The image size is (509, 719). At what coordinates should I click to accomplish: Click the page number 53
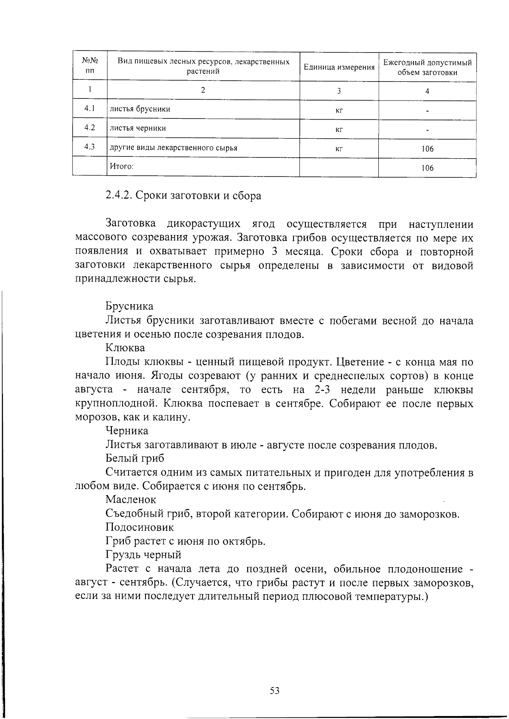(x=274, y=691)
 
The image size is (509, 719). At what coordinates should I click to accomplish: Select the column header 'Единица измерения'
(x=339, y=67)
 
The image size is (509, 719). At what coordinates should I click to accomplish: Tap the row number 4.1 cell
(x=89, y=109)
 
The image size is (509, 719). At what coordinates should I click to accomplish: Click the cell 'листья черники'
(x=138, y=128)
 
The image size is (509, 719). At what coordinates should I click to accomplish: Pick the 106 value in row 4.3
(x=427, y=149)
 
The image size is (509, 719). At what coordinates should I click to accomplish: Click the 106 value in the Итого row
(x=427, y=168)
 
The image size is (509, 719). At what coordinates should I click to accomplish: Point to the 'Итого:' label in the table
(x=122, y=166)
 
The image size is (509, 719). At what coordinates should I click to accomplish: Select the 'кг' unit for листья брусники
(x=339, y=111)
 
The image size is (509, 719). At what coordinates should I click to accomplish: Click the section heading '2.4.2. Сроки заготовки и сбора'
(x=183, y=196)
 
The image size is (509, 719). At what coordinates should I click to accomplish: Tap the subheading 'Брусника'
(x=129, y=306)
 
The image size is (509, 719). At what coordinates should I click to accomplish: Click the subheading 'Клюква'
(x=125, y=348)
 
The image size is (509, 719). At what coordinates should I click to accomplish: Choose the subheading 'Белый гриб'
(x=134, y=459)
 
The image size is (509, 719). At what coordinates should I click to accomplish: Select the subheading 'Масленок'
(x=131, y=500)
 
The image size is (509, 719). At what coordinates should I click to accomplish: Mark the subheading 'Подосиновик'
(x=140, y=527)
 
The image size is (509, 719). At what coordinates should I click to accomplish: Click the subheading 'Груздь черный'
(x=143, y=555)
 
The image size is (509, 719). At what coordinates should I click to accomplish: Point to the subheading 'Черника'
(x=127, y=431)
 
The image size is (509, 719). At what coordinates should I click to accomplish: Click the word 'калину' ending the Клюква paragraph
(x=173, y=417)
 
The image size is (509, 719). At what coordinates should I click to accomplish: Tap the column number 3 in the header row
(x=339, y=91)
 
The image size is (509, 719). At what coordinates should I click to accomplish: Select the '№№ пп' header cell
(x=89, y=67)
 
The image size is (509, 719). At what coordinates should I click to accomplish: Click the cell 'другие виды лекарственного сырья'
(x=173, y=148)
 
